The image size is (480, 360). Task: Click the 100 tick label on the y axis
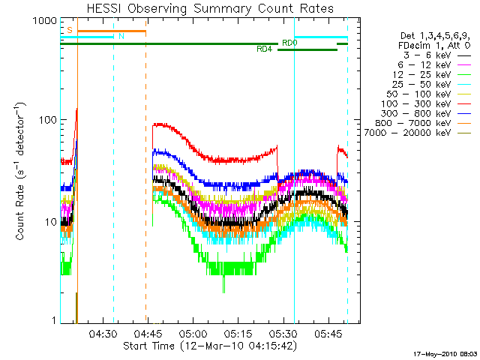pos(47,120)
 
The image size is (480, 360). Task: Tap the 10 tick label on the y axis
pos(50,223)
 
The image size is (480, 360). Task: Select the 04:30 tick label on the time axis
pos(102,334)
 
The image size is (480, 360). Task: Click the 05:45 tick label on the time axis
pos(328,334)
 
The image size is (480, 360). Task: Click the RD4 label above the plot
pos(264,49)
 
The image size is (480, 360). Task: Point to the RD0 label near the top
pos(289,43)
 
